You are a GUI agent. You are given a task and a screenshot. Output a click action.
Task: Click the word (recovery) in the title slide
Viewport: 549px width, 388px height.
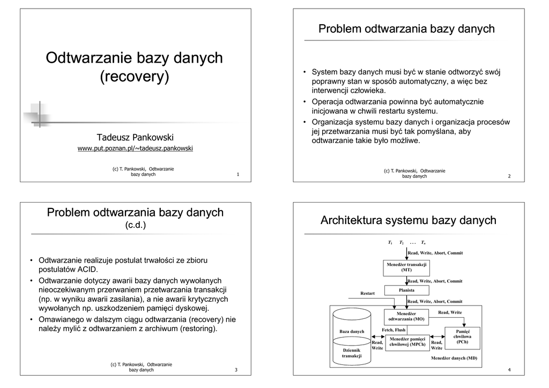(135, 77)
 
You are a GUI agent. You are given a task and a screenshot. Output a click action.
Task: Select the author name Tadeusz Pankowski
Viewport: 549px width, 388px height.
(135, 137)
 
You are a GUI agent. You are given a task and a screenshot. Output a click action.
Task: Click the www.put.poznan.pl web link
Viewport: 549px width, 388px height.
(135, 148)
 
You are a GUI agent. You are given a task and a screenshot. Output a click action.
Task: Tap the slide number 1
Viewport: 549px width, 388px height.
(238, 175)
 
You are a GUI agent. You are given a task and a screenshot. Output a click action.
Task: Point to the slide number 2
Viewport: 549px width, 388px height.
(509, 176)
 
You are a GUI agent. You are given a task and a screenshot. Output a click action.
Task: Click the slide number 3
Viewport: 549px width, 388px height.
(236, 370)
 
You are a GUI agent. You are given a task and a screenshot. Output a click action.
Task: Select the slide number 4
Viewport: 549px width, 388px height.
(509, 370)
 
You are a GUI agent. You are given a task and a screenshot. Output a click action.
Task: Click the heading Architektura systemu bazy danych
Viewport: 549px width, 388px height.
(408, 220)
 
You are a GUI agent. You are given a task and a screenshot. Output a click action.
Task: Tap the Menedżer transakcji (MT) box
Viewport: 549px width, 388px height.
(406, 267)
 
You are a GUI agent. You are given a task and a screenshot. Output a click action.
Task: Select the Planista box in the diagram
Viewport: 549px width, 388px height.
(406, 290)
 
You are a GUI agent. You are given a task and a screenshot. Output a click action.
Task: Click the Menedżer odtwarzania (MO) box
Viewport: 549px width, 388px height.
(406, 316)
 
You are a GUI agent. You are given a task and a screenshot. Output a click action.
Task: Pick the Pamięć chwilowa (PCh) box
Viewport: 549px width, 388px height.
(462, 337)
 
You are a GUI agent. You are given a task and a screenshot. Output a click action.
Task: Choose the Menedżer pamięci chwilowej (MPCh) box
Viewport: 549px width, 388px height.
(407, 342)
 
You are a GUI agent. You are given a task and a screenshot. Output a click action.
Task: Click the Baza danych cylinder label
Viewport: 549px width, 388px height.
(352, 331)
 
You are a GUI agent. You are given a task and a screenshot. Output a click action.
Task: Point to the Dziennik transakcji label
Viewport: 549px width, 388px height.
(352, 353)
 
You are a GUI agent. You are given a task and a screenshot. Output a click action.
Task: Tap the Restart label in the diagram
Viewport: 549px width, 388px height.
(367, 293)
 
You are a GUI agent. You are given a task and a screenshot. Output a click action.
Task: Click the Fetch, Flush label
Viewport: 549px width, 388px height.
(394, 330)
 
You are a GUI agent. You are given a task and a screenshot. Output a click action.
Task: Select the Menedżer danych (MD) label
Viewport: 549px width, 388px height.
(454, 358)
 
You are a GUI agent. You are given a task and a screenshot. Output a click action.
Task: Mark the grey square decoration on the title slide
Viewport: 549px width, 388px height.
(36, 113)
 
